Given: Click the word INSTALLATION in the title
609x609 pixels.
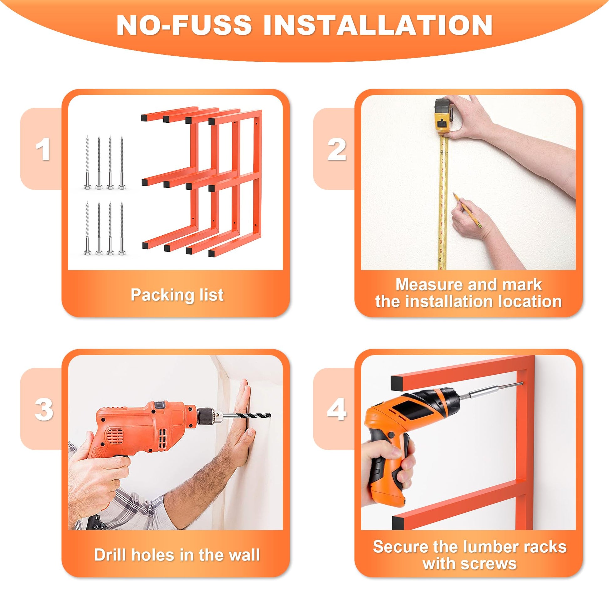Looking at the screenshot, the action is tap(378, 25).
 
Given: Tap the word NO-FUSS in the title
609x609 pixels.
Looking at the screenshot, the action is tap(184, 25).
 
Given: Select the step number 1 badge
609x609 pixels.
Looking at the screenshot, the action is tap(43, 149).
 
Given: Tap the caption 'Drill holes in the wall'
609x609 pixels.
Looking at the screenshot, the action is tap(177, 555).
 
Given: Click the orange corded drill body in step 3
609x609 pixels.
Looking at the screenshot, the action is tap(142, 422).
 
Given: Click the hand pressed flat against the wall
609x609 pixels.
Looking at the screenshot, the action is tap(243, 413).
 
